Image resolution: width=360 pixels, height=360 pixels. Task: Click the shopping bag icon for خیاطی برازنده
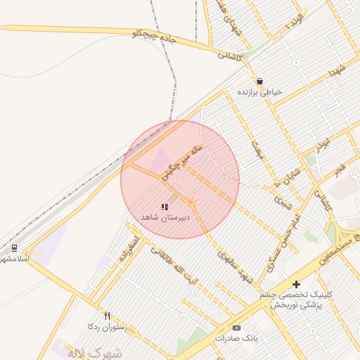click(x=260, y=82)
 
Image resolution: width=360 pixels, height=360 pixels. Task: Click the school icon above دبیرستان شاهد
click(x=165, y=207)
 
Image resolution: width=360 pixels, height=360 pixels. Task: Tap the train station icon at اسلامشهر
click(x=14, y=248)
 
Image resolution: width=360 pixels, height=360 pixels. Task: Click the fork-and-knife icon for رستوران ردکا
click(x=108, y=316)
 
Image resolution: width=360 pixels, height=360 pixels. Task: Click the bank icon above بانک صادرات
click(x=236, y=328)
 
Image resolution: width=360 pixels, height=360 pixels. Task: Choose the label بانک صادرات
click(x=237, y=338)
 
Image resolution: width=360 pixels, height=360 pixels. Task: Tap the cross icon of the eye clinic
click(x=296, y=284)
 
